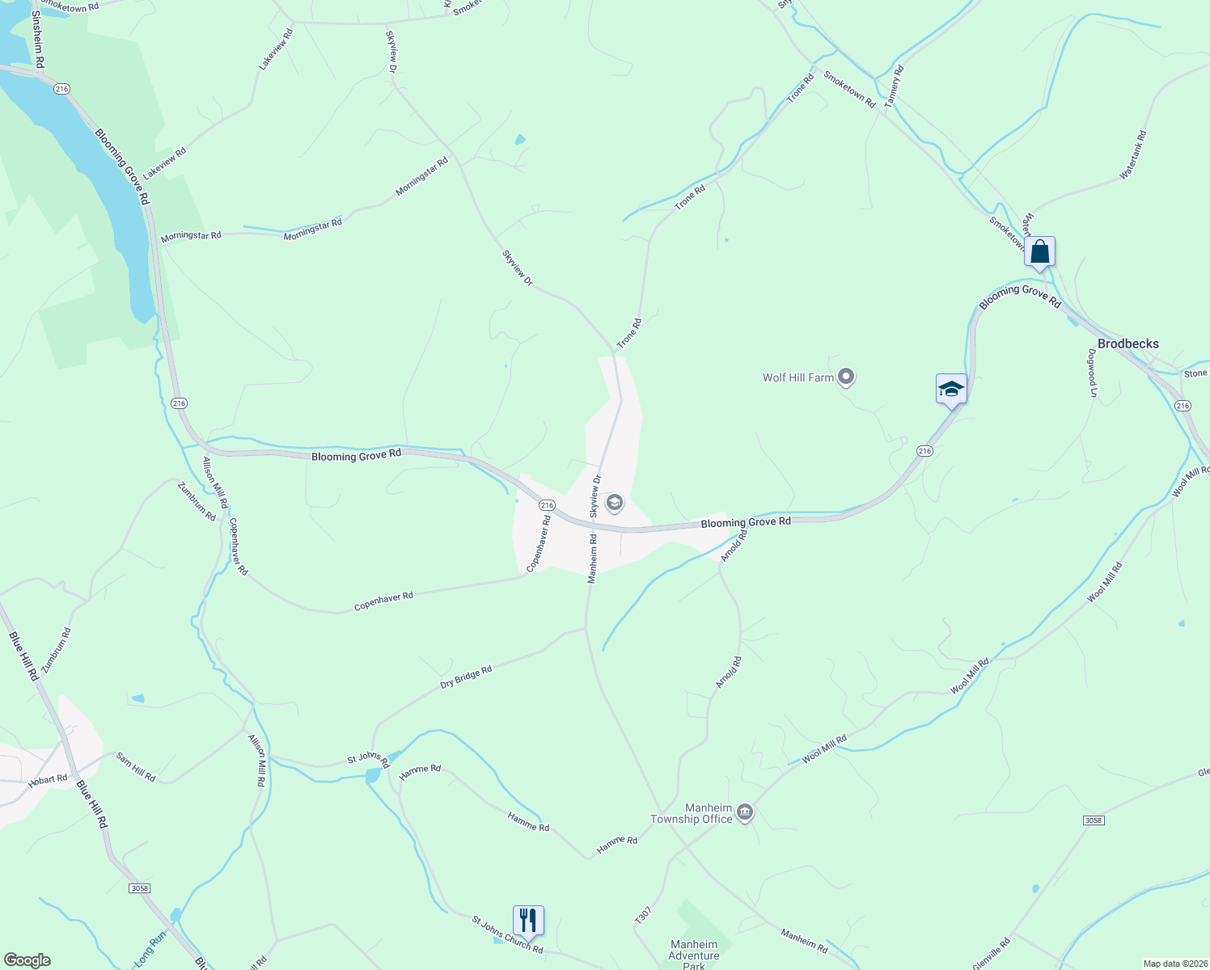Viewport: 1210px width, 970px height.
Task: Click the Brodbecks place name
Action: tap(1127, 344)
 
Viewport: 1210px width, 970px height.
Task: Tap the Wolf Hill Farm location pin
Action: tap(846, 377)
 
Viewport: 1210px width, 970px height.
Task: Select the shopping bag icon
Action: tap(1039, 251)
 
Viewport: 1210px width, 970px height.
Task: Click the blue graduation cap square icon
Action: tap(951, 389)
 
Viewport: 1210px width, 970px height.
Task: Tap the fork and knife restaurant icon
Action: tap(528, 920)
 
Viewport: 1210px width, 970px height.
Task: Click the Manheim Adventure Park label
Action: tap(694, 955)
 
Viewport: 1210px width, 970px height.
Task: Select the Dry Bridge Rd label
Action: tap(466, 677)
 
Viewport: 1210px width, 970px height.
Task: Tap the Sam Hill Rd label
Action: tap(136, 766)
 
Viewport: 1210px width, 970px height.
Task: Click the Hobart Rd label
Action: tap(48, 780)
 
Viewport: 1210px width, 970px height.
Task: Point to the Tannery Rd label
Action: tap(894, 86)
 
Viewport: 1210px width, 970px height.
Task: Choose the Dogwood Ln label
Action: tap(1092, 373)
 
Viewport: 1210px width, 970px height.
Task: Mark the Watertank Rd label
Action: tap(1133, 154)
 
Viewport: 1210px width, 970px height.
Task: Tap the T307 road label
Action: tap(643, 915)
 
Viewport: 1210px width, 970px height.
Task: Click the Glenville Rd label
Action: tap(992, 955)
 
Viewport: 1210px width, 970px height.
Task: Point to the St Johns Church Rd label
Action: tap(507, 934)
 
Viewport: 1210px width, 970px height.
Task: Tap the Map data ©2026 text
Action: tap(1174, 964)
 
